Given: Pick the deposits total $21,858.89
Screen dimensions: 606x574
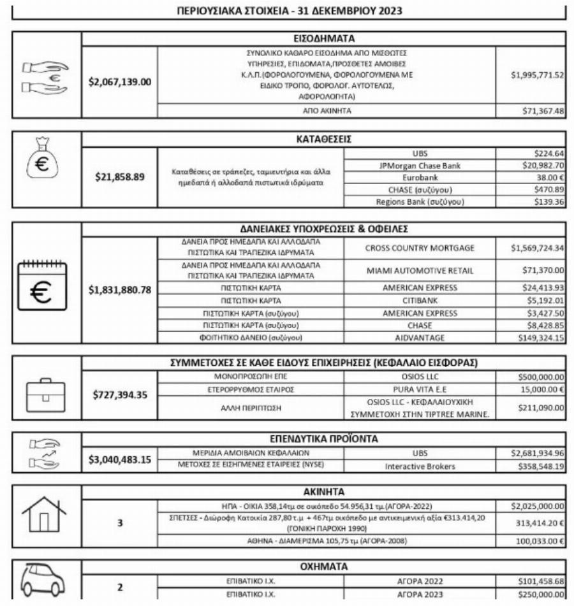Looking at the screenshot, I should [120, 177].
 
